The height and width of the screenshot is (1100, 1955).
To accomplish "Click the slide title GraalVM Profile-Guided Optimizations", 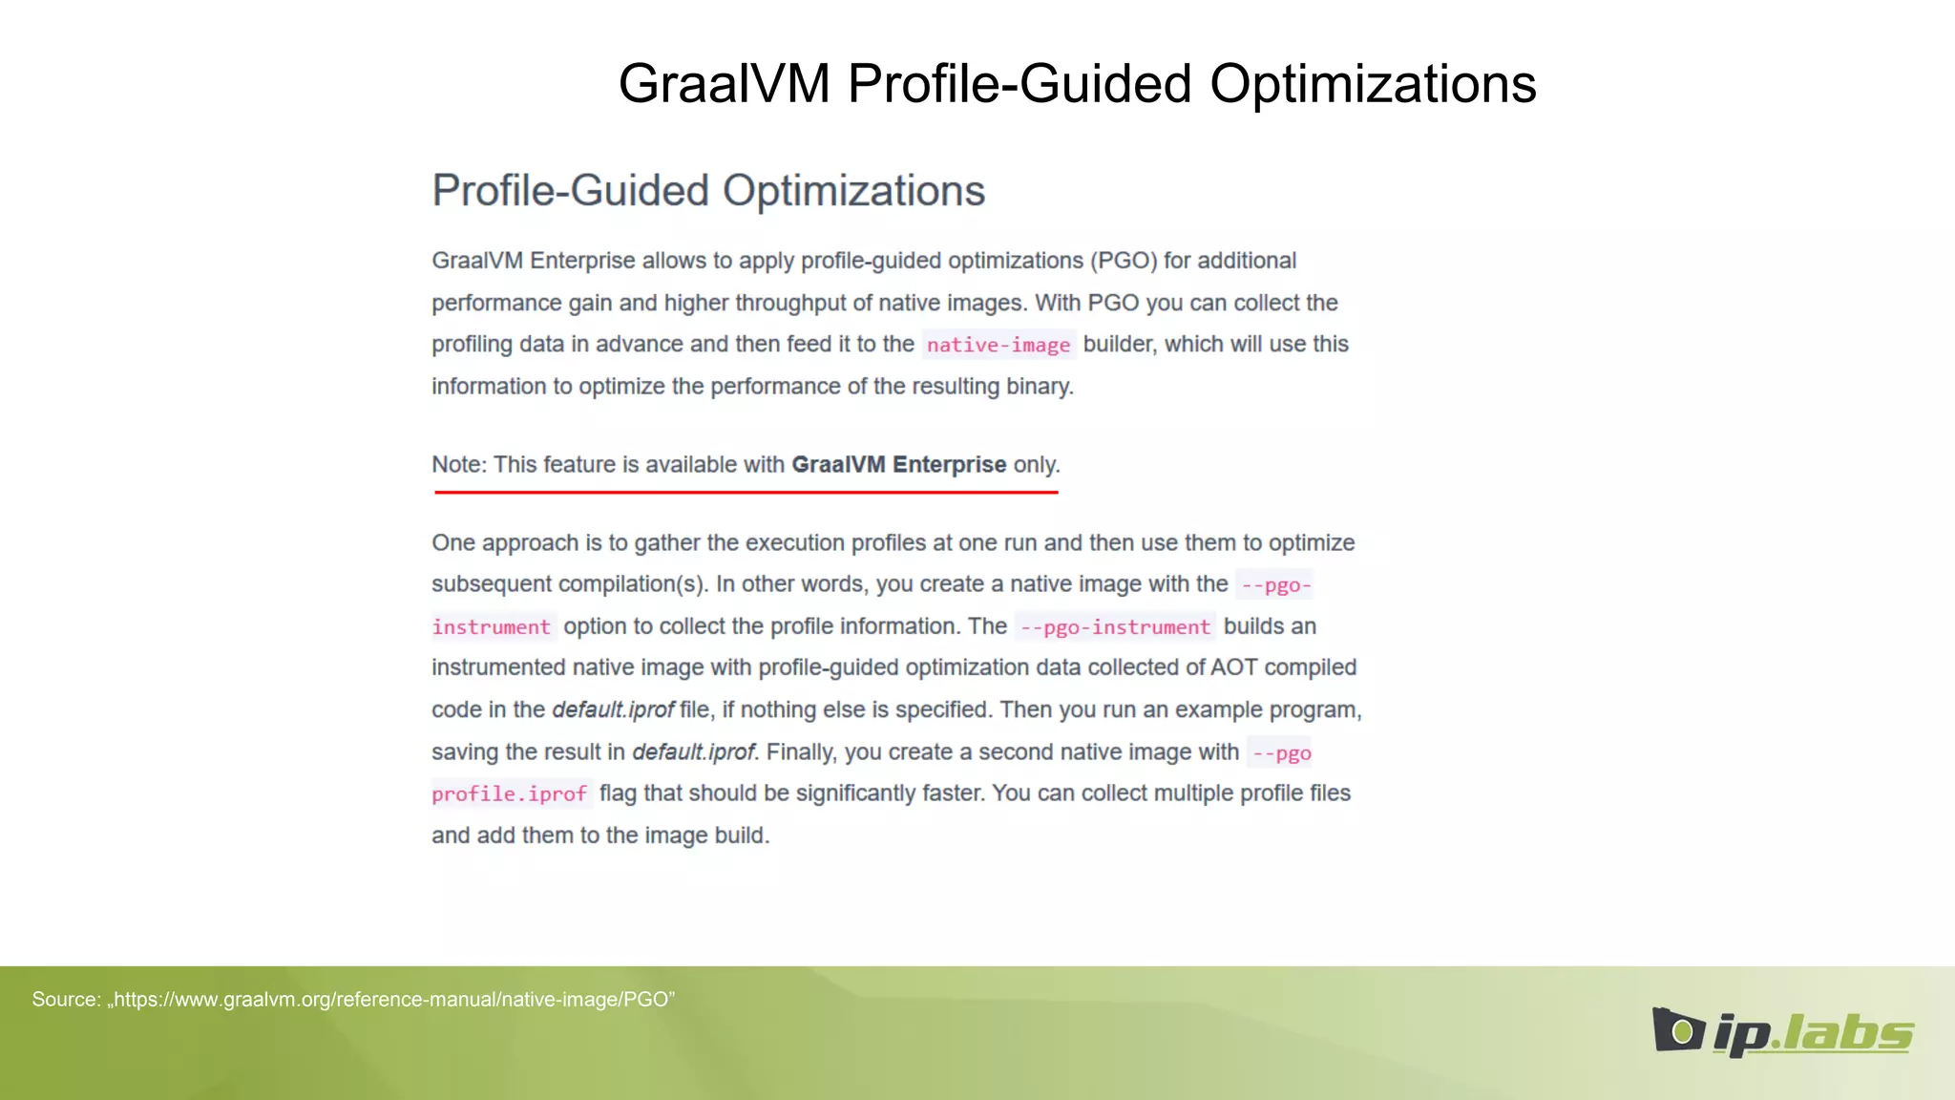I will [1077, 84].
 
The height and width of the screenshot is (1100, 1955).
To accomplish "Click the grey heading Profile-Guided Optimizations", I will [708, 191].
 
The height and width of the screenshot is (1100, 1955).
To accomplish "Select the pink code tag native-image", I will [999, 345].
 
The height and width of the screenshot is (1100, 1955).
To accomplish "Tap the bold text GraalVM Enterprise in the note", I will [898, 465].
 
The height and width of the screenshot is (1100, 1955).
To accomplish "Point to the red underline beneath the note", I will [746, 492].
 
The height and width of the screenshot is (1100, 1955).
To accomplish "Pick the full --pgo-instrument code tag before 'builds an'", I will [1115, 627].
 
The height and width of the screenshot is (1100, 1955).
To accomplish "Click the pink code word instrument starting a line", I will [492, 627].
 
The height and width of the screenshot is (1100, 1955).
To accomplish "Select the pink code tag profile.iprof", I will [510, 794].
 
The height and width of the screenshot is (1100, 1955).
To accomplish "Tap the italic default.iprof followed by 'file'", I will [613, 710].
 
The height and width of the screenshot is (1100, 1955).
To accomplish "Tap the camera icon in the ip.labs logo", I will [1678, 1030].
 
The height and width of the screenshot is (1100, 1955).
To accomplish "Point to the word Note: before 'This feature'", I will [459, 465].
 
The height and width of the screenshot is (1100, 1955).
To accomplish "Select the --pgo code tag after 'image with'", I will [1281, 753].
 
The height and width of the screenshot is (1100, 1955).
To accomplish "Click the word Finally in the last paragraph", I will [800, 752].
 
